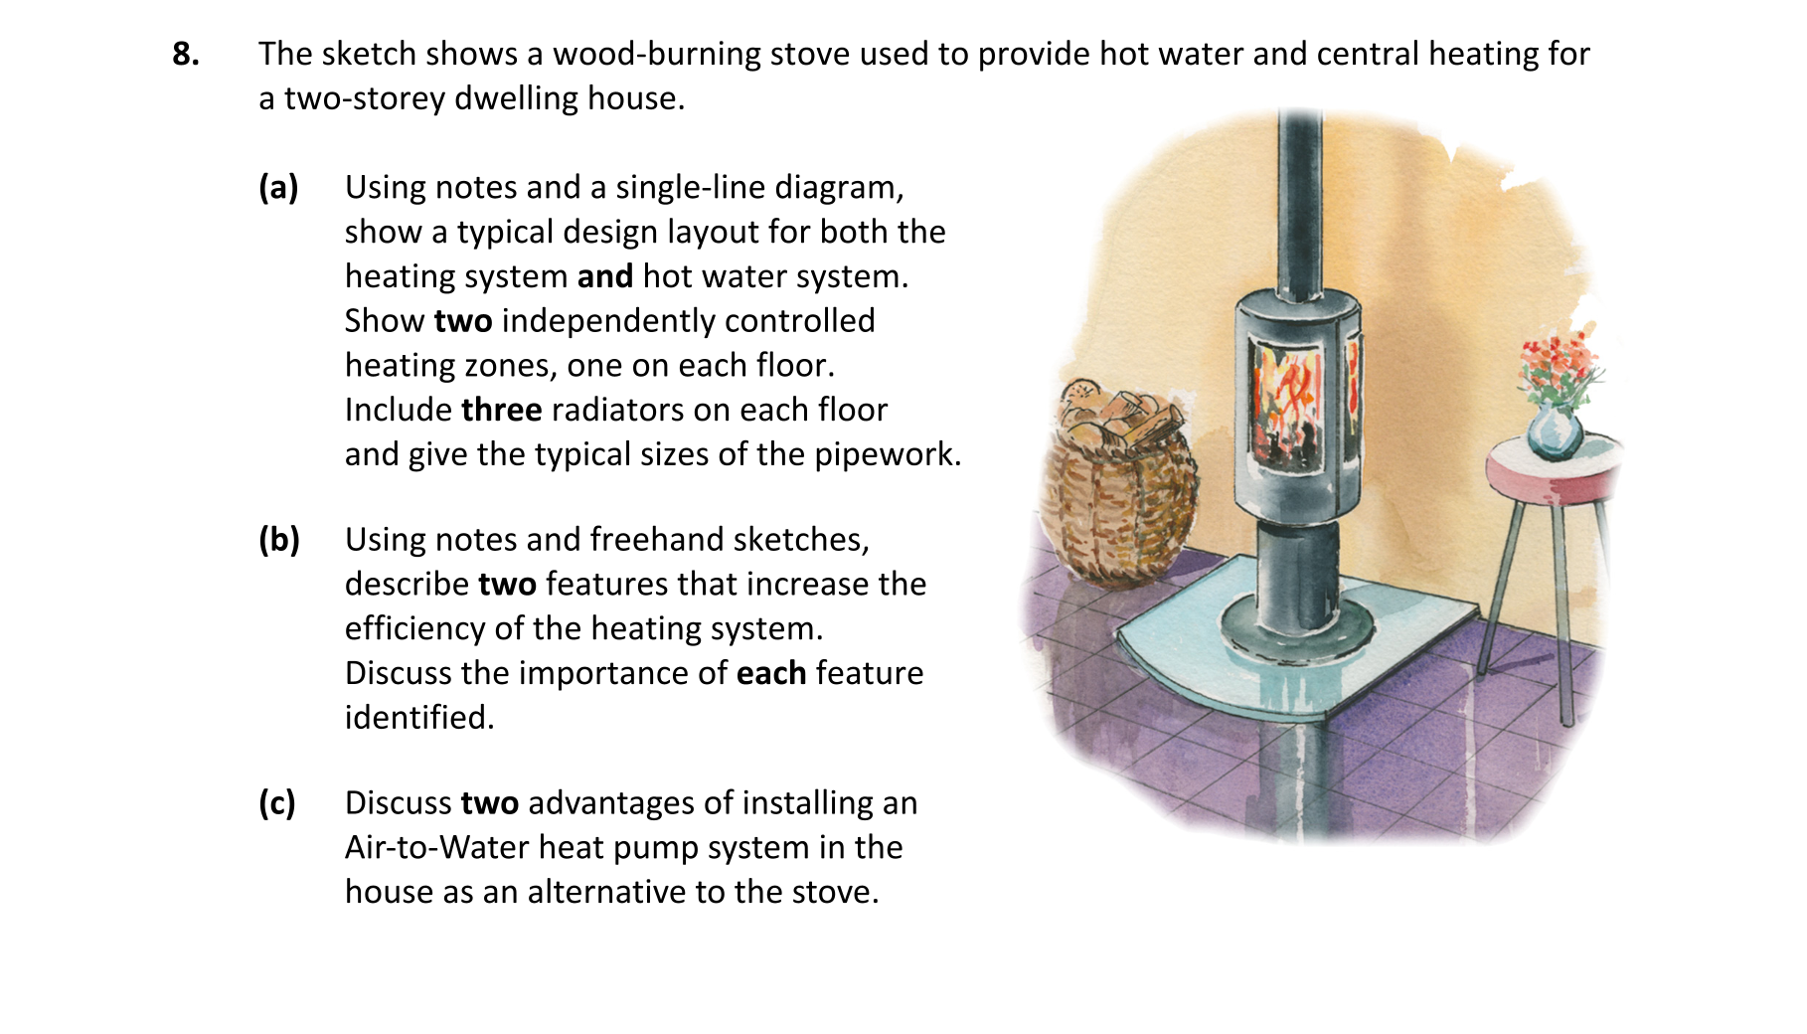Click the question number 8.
[x=186, y=54]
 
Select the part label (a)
[x=278, y=187]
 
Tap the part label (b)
[x=279, y=539]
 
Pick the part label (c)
[x=277, y=802]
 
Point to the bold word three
[x=502, y=410]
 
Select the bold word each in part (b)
[x=771, y=673]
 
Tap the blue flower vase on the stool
[x=1554, y=431]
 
